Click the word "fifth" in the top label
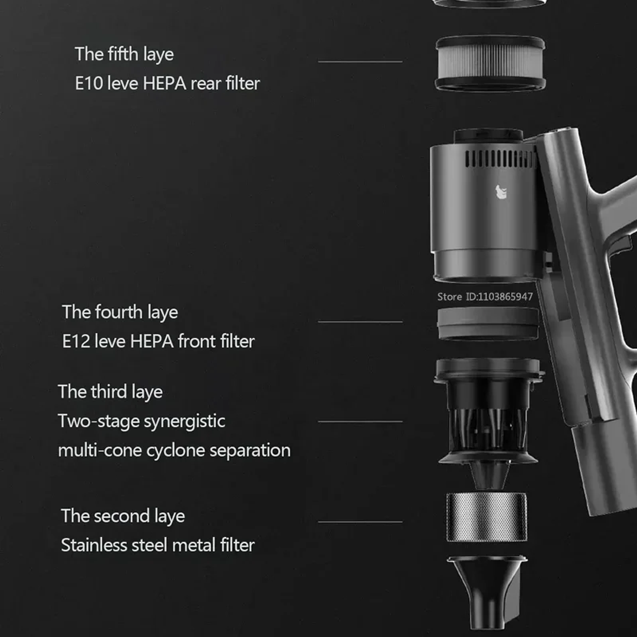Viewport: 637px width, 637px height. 122,54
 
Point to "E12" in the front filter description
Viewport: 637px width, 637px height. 76,342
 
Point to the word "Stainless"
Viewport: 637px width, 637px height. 94,545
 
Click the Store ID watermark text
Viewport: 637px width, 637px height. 485,296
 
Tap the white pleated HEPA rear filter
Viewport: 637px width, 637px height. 490,63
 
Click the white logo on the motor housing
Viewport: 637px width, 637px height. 501,192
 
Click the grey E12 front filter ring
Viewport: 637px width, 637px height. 488,324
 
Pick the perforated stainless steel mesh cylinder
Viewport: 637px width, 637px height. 486,517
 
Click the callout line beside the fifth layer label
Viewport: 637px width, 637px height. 360,62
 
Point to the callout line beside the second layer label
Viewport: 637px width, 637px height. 360,522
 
